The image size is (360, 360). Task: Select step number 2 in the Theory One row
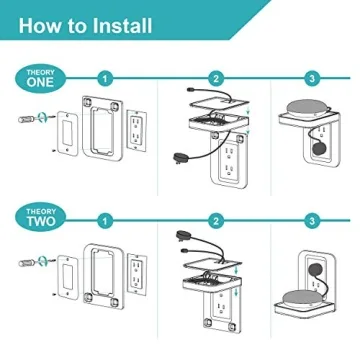(x=215, y=77)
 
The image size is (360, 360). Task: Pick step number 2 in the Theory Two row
(x=215, y=218)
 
